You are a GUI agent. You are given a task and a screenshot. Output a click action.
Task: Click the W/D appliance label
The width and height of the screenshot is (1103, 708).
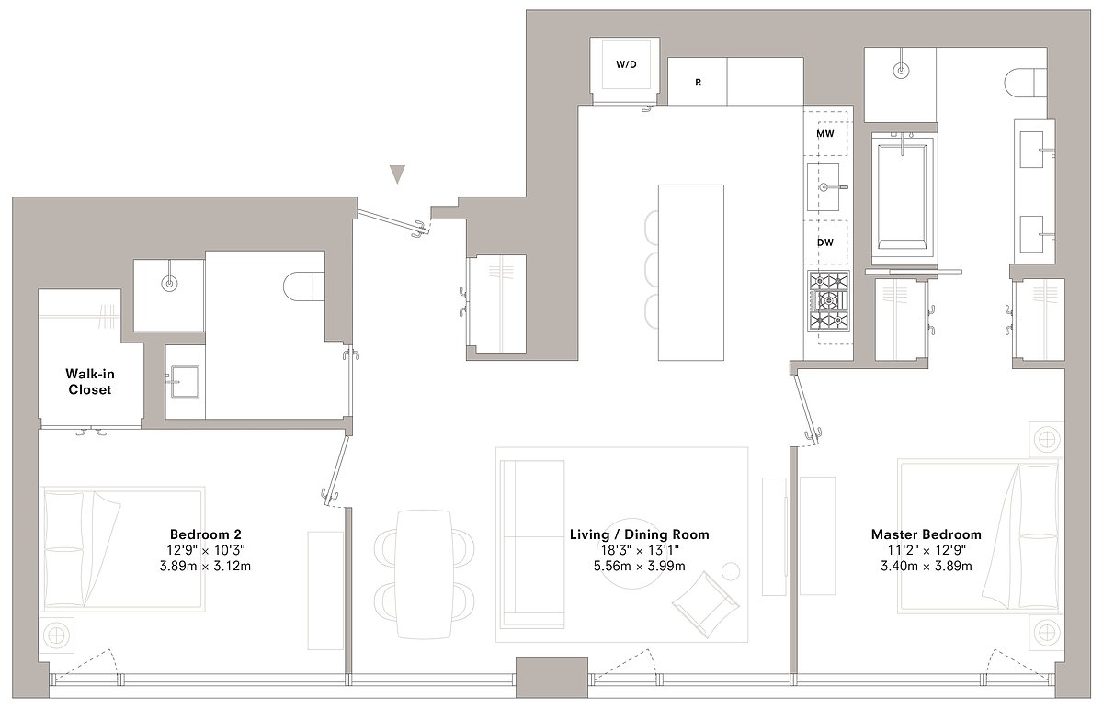pyautogui.click(x=626, y=64)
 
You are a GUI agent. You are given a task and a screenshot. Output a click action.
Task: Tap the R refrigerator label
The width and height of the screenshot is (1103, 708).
pyautogui.click(x=699, y=83)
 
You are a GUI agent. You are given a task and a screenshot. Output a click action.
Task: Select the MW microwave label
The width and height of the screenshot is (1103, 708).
pyautogui.click(x=825, y=134)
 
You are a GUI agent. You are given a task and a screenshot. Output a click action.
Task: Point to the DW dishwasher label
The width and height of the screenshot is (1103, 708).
pyautogui.click(x=825, y=242)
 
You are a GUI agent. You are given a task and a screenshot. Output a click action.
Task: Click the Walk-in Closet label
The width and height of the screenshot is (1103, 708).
pyautogui.click(x=88, y=381)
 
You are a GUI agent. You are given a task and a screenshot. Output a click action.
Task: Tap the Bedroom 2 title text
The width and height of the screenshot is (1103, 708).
pyautogui.click(x=206, y=534)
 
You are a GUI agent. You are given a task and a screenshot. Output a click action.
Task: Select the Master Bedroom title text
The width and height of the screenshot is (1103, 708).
pyautogui.click(x=938, y=534)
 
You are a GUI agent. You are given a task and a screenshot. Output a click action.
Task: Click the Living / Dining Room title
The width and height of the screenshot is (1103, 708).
pyautogui.click(x=639, y=534)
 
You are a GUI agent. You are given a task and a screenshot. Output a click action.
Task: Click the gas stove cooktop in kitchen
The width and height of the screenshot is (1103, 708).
pyautogui.click(x=828, y=300)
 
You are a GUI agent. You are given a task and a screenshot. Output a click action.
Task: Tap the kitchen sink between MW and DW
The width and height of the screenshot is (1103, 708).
pyautogui.click(x=826, y=187)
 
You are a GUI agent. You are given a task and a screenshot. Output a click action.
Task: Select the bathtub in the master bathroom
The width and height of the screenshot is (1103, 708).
pyautogui.click(x=904, y=191)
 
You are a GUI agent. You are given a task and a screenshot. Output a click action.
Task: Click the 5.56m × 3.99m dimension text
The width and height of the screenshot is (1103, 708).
pyautogui.click(x=639, y=566)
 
